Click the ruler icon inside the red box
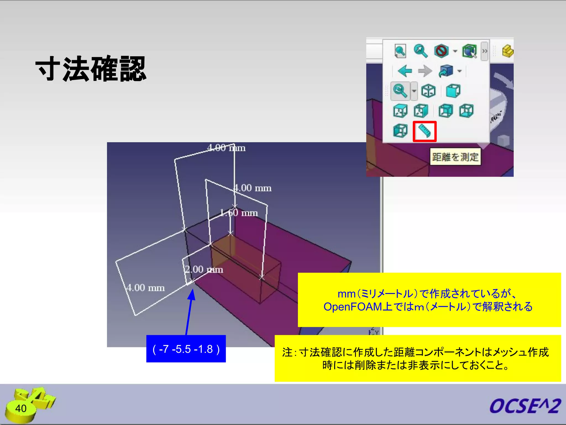tap(424, 131)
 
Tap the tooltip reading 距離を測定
tap(455, 157)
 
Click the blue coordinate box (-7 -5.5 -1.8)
tap(186, 349)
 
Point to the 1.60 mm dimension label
tap(239, 213)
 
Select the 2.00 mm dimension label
tap(204, 269)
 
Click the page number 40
tap(21, 408)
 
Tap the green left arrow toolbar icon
tap(405, 71)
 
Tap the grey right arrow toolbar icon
tap(425, 71)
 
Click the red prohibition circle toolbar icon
tap(441, 51)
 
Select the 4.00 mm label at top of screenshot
tap(226, 148)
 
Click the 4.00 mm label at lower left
tap(145, 288)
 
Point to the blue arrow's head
tap(192, 294)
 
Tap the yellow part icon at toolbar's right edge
tap(507, 51)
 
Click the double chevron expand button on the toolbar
tap(484, 51)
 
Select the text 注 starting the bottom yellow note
tap(287, 353)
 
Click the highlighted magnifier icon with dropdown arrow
tap(400, 91)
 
